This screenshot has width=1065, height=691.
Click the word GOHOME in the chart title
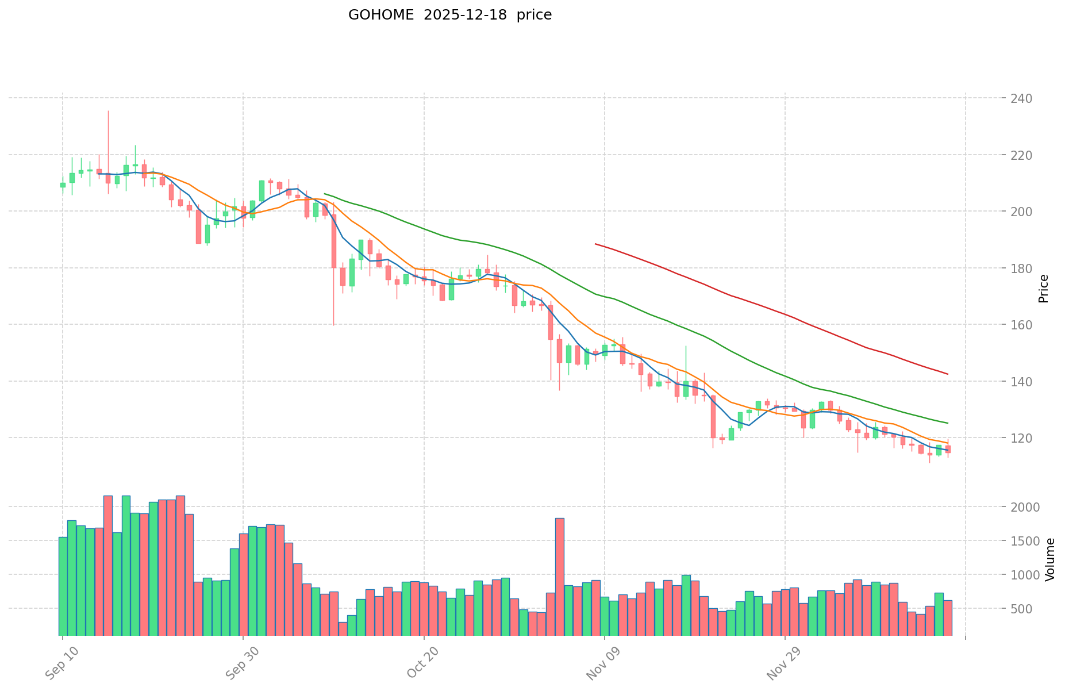pyautogui.click(x=380, y=15)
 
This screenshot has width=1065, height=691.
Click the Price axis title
pyautogui.click(x=1044, y=289)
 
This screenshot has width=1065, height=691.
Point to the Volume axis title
pyautogui.click(x=1049, y=559)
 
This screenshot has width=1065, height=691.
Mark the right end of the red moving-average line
pyautogui.click(x=947, y=374)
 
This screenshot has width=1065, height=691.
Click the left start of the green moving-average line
pyautogui.click(x=325, y=194)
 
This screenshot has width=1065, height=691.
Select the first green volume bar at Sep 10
pyautogui.click(x=63, y=586)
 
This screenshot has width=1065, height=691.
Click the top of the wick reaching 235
pyautogui.click(x=108, y=111)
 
